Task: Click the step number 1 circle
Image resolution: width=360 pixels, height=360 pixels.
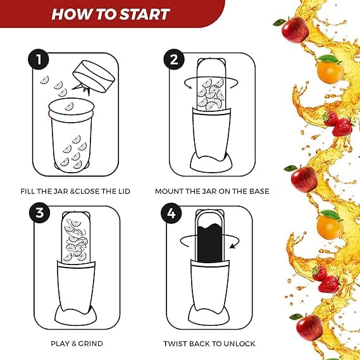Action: [x=39, y=59]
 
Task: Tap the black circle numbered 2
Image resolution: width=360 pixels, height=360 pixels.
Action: [x=174, y=59]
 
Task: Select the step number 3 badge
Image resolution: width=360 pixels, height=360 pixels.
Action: [x=39, y=213]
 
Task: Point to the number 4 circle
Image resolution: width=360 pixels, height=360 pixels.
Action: [x=171, y=213]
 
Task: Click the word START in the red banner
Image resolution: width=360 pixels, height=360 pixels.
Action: [x=145, y=14]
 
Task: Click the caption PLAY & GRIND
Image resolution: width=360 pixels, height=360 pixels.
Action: [x=77, y=344]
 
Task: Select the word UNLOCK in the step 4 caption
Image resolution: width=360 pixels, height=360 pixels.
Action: [x=239, y=344]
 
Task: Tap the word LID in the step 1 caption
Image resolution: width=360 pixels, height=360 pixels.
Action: [x=123, y=191]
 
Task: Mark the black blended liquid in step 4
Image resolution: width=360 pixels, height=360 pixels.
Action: [x=209, y=243]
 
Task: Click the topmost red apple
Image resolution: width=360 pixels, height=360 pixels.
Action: [x=295, y=30]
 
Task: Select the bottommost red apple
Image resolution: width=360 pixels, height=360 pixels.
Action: [x=309, y=327]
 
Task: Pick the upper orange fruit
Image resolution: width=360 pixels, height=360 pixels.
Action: [x=330, y=71]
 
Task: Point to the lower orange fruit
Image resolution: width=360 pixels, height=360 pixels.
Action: [x=330, y=227]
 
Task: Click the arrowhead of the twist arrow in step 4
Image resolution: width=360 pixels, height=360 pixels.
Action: [x=232, y=246]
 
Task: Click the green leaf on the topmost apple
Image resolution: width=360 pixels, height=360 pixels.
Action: [x=280, y=22]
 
